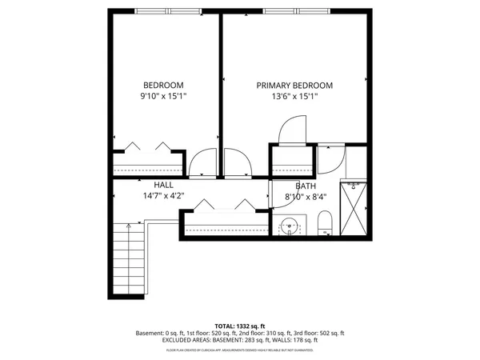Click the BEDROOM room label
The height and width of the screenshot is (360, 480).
tap(164, 86)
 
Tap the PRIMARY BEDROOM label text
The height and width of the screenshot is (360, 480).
tap(294, 86)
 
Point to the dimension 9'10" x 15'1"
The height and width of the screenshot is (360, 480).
tap(164, 96)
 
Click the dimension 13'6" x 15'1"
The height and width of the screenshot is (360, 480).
tap(294, 96)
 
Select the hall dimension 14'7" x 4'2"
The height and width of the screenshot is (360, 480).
tap(164, 195)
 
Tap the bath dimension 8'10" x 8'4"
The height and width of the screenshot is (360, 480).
tap(306, 194)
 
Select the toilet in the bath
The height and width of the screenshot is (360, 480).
tap(325, 222)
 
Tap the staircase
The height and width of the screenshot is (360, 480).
tap(128, 258)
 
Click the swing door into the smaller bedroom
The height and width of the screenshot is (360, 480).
tap(202, 164)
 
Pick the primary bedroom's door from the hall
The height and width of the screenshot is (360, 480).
tap(238, 164)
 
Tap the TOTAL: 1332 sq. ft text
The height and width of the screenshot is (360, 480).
tap(241, 326)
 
